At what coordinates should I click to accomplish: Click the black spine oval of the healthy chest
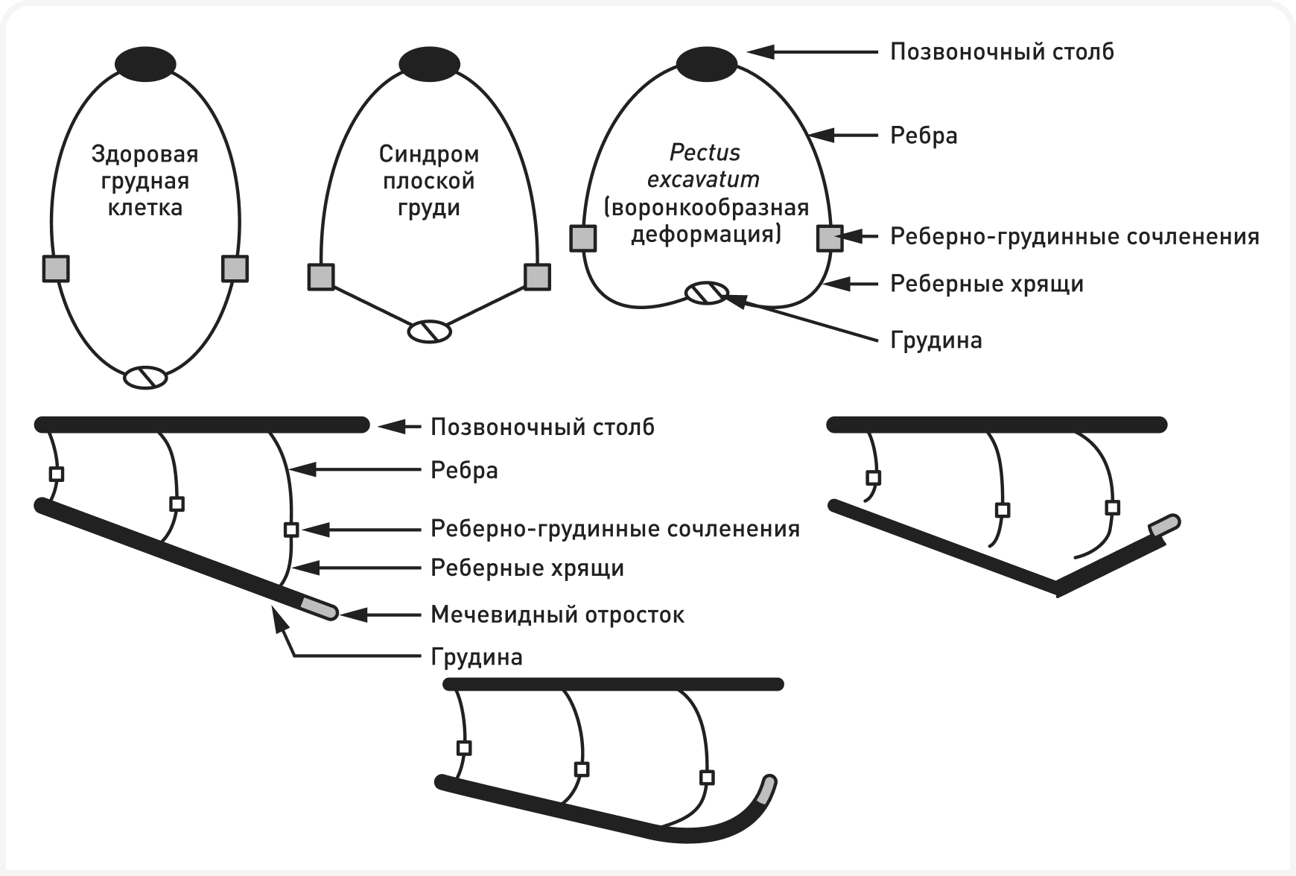(x=145, y=63)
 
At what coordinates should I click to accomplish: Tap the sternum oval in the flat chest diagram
(x=430, y=331)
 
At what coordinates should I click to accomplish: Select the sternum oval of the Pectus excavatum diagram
(x=707, y=293)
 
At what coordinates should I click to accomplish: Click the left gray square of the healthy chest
(x=55, y=268)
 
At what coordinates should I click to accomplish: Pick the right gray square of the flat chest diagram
(x=537, y=276)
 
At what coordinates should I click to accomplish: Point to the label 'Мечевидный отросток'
(x=557, y=615)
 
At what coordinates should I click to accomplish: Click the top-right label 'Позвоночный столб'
(x=1003, y=51)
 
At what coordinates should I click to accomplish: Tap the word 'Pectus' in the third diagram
(x=705, y=153)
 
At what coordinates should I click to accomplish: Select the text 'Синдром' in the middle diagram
(x=429, y=154)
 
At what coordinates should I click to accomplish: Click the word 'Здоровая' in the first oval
(x=145, y=154)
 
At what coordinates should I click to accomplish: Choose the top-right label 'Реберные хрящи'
(x=987, y=284)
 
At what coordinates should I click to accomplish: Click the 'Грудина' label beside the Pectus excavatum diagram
(x=936, y=340)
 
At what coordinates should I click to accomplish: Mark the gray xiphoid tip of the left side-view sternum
(x=320, y=608)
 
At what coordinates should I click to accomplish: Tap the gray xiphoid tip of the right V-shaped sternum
(x=1165, y=526)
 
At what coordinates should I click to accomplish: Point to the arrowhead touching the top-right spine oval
(x=760, y=51)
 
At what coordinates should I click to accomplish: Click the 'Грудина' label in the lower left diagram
(x=477, y=657)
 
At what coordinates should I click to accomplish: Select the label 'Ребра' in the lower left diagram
(x=464, y=470)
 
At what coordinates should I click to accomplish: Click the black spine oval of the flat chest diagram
(x=430, y=63)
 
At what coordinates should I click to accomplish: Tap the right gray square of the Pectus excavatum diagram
(x=830, y=238)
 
